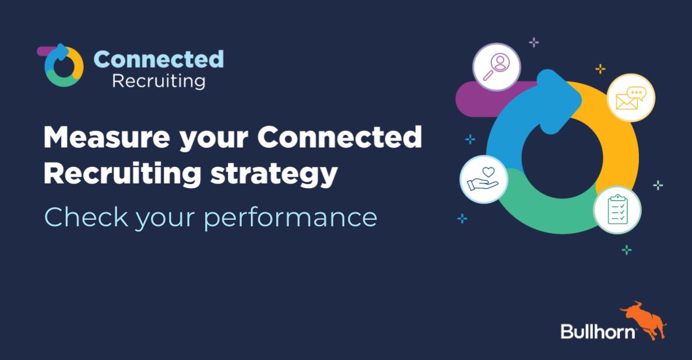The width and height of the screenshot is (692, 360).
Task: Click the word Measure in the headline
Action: coord(107,137)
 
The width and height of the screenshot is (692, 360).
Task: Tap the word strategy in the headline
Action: coord(274,174)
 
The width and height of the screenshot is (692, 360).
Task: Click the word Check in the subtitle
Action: coord(86,217)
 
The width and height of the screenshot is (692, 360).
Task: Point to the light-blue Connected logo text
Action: coord(159,59)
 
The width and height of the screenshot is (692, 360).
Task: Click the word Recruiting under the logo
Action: coord(159,81)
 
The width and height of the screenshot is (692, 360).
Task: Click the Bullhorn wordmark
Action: coord(597,332)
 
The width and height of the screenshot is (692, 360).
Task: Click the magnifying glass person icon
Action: coord(497,67)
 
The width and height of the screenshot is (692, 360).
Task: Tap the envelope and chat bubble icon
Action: coord(631,98)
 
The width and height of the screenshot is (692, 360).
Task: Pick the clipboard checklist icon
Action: coord(618,210)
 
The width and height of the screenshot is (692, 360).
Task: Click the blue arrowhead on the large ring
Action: coord(559,102)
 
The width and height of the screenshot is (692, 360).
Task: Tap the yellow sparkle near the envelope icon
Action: coord(600,69)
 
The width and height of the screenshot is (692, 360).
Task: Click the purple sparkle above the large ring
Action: coord(534,42)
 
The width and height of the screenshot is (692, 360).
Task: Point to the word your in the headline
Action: coord(214,140)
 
